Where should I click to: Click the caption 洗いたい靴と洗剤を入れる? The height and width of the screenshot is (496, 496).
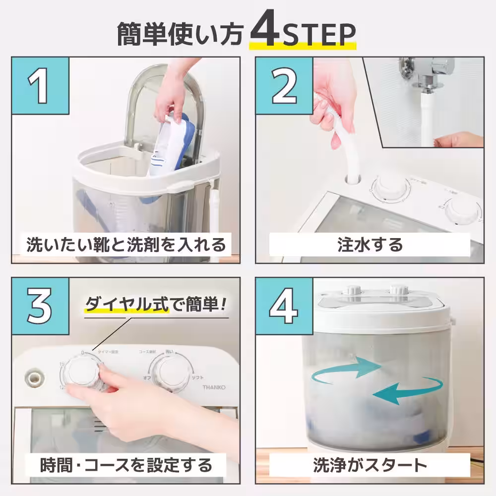126,245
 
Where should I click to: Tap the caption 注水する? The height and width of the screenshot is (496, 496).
370,245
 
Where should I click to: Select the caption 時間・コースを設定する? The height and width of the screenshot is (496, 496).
126,465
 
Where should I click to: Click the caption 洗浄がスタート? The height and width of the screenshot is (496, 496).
370,465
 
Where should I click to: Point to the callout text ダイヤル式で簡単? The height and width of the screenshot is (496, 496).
156,303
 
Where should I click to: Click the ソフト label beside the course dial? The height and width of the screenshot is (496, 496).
197,378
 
